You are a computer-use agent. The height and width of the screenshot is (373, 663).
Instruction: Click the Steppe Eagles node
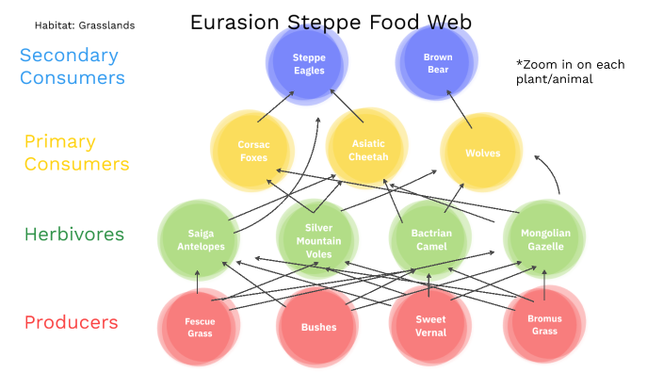[309, 64]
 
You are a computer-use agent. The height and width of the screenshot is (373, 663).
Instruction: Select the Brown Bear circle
[438, 64]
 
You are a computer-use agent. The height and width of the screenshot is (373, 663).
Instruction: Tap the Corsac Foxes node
[253, 151]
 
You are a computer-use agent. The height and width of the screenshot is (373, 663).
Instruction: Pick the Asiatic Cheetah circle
[367, 150]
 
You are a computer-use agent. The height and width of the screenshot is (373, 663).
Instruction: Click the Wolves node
[482, 153]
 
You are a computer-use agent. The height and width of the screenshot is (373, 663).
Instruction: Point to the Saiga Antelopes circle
[200, 239]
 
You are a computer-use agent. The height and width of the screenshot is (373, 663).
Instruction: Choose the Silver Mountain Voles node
[318, 240]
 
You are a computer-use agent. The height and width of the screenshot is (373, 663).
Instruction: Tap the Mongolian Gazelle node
[544, 239]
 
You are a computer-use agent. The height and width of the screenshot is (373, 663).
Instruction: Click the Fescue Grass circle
[199, 327]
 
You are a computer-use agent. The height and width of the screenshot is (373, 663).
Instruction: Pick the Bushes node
[318, 327]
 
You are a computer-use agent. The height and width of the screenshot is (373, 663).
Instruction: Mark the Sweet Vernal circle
[430, 326]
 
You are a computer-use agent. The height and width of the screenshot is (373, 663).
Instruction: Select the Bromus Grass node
[544, 326]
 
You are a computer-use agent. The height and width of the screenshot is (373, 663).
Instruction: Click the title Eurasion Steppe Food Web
[331, 22]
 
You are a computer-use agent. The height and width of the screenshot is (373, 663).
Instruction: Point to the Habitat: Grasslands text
[85, 25]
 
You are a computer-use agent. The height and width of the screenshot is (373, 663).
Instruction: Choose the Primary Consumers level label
[75, 153]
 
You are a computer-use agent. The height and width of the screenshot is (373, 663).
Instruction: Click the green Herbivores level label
[74, 235]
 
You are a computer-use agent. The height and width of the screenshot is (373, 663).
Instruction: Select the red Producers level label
[72, 322]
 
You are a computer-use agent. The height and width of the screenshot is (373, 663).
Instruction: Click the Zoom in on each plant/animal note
[570, 72]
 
